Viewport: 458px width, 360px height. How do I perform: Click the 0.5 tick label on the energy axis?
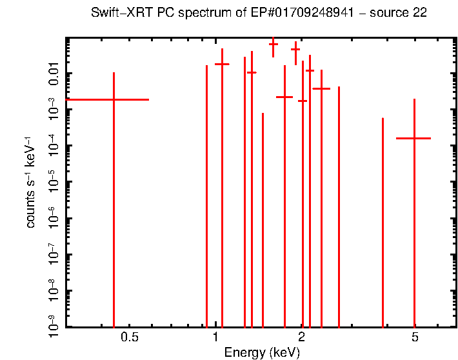[x=130, y=337]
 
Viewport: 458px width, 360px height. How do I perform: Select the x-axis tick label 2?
[x=302, y=337]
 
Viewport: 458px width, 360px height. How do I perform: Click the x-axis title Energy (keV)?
[x=261, y=352]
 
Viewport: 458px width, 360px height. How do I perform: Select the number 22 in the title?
[x=420, y=13]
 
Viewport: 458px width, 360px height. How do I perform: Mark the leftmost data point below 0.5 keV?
[x=114, y=99]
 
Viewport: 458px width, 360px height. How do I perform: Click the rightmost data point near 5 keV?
[x=413, y=138]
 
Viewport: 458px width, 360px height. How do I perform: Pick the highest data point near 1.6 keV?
[x=273, y=45]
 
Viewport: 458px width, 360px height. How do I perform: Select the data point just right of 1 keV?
[x=222, y=64]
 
